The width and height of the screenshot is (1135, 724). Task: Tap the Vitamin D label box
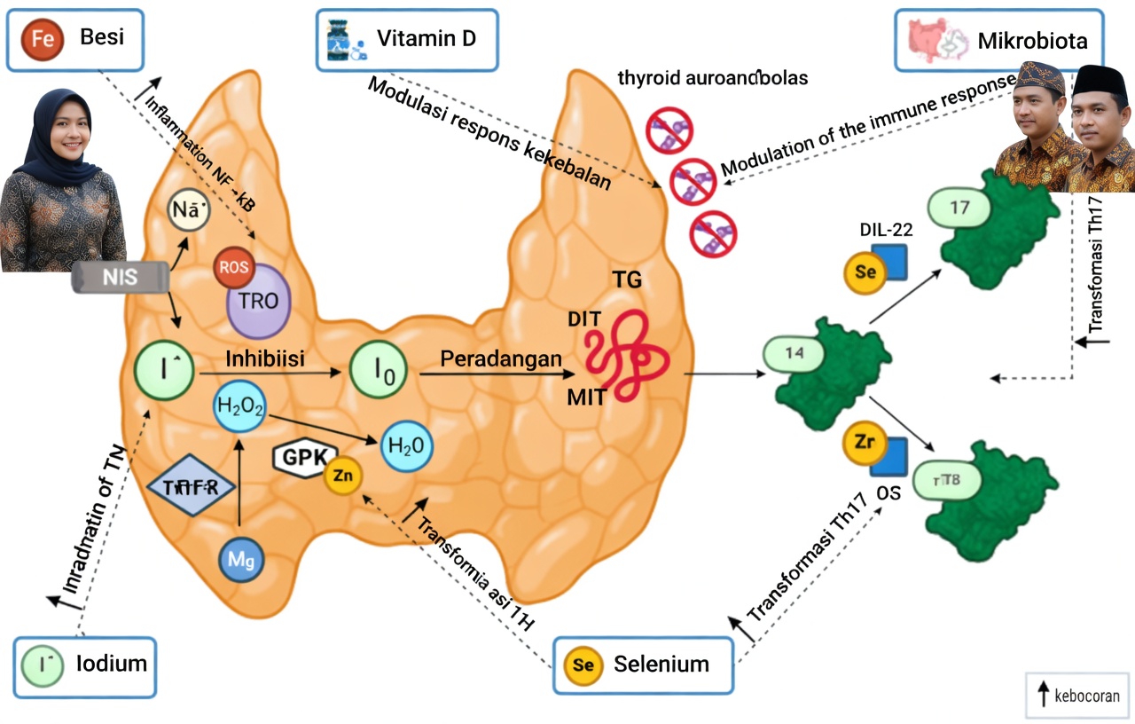[x=407, y=40]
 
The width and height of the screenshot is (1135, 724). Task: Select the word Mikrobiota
[x=1032, y=41]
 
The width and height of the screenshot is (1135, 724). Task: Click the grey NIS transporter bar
[x=120, y=277]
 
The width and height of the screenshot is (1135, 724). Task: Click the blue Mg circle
[x=241, y=560]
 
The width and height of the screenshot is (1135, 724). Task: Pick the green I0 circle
[x=378, y=374]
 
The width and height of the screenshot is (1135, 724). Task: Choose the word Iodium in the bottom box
[x=112, y=664]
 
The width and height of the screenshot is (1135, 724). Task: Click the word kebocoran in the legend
[x=1086, y=696]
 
